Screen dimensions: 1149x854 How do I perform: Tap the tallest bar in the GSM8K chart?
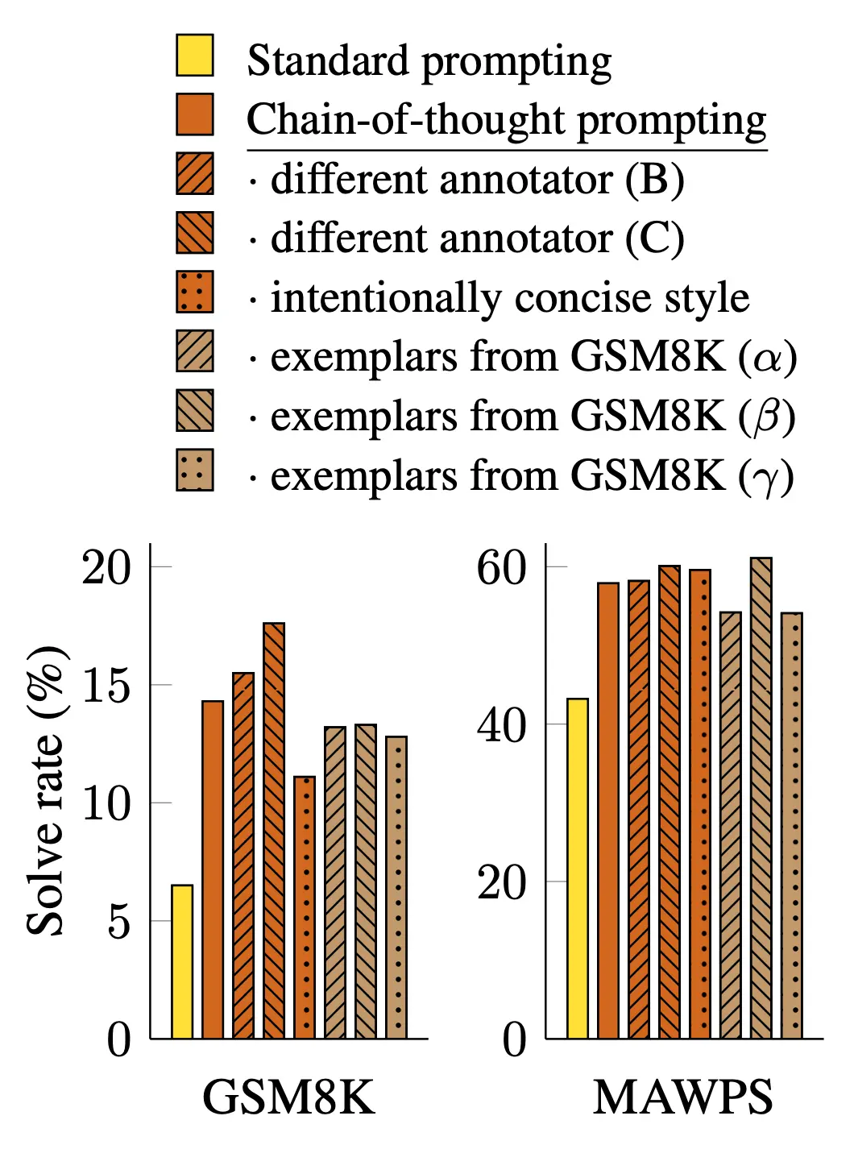pos(274,830)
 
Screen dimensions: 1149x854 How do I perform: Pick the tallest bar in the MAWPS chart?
pos(761,798)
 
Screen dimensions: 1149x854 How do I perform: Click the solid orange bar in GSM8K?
pos(213,869)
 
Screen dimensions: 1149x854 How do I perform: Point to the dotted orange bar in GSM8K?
pos(305,907)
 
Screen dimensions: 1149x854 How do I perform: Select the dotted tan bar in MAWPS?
pos(791,825)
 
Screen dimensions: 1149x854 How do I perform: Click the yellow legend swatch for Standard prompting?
pos(195,56)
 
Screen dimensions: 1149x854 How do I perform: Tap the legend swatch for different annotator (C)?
pos(195,233)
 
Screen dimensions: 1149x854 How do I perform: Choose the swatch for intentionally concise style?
pos(195,292)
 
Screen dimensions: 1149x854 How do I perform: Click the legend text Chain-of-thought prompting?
pos(506,120)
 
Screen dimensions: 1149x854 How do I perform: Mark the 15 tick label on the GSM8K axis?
pos(106,686)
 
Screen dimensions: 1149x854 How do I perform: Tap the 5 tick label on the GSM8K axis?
pos(118,921)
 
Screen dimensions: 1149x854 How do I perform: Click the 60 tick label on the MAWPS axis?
pos(501,568)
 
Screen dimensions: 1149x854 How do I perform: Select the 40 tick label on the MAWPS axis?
pos(501,725)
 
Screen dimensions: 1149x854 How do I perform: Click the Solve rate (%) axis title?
pos(46,790)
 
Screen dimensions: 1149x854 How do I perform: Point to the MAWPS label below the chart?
pos(683,1097)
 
